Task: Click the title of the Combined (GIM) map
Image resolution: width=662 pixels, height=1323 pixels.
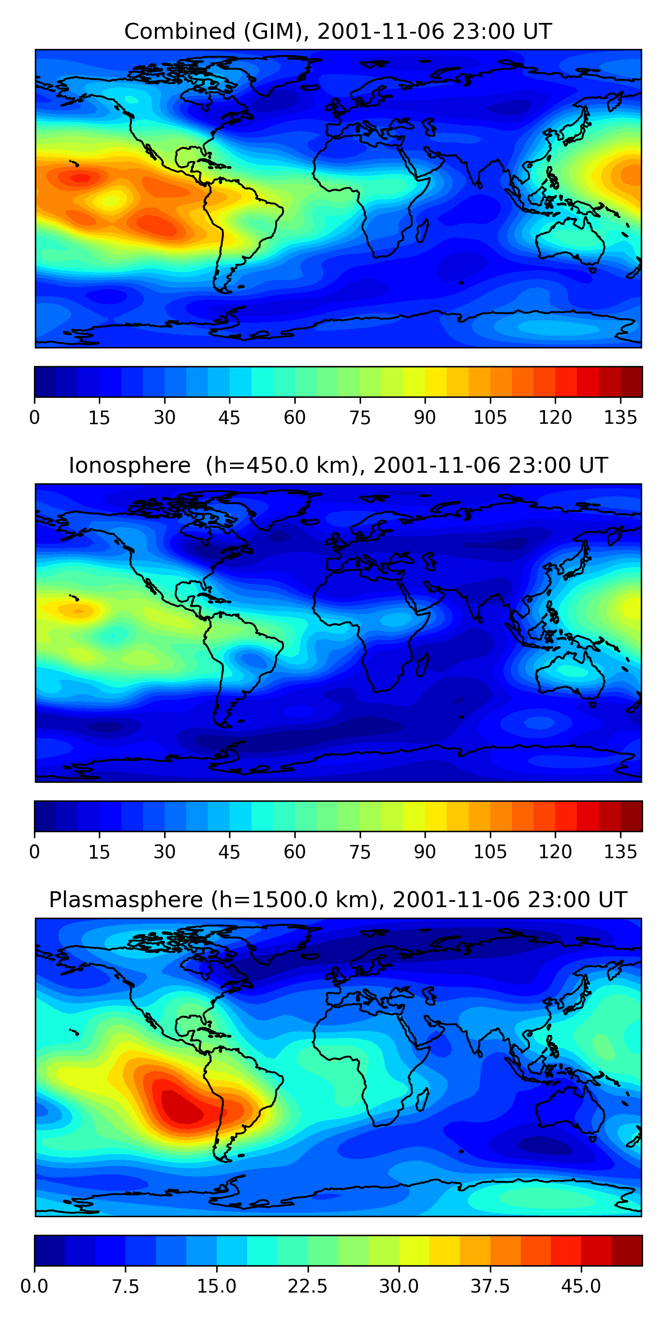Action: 338,31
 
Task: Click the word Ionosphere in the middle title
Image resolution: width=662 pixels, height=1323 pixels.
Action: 129,465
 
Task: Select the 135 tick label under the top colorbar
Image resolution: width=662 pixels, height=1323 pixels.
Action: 620,418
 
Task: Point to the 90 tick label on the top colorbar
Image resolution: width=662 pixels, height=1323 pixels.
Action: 425,418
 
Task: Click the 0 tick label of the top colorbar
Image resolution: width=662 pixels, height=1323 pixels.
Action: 34,418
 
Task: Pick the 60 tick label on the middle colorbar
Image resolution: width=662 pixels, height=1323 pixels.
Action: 294,852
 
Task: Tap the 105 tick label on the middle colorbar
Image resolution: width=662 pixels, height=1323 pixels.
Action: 490,852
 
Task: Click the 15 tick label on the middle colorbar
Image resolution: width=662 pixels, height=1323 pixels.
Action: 99,852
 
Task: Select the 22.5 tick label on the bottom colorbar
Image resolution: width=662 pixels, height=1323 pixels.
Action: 307,1286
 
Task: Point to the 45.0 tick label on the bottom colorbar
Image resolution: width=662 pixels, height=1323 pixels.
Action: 581,1286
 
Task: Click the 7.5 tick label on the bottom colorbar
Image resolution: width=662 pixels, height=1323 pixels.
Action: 125,1286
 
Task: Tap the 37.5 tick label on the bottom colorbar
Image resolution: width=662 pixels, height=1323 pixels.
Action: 490,1286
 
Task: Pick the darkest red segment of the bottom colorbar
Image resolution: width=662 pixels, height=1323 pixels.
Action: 627,1250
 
